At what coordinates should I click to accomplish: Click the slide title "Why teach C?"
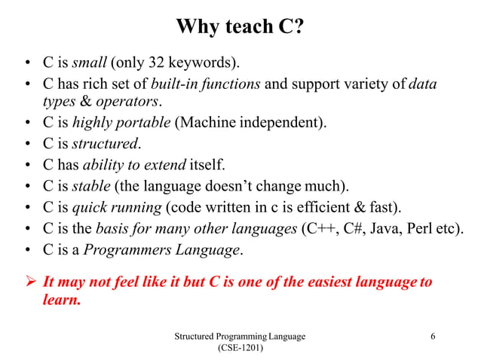click(240, 27)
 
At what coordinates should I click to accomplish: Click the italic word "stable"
click(90, 185)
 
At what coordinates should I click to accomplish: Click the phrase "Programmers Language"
click(161, 249)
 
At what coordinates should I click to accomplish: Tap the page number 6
click(433, 336)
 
